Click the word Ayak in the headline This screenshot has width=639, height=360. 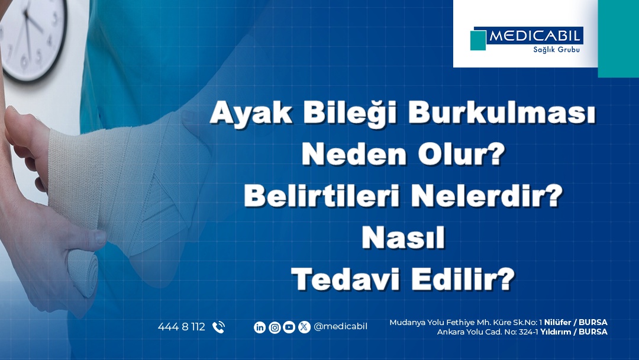(251, 112)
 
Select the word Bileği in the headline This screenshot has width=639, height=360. (350, 113)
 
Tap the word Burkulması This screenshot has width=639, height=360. (502, 112)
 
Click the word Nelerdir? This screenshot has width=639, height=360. (487, 196)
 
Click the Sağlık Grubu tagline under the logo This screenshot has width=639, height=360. (556, 50)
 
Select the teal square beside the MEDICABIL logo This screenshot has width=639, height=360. (478, 40)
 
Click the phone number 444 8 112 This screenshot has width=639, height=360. (182, 327)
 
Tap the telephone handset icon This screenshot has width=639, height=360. (218, 327)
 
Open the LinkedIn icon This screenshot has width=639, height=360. (260, 327)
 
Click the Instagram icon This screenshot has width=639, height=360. (275, 327)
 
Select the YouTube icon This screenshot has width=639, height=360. (289, 327)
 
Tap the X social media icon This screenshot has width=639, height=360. (304, 327)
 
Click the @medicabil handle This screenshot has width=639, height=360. (340, 327)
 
